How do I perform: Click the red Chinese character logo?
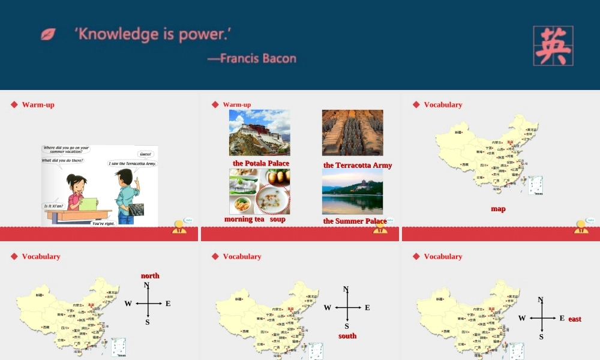(553, 46)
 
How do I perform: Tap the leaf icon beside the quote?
(48, 34)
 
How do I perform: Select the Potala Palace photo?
(259, 133)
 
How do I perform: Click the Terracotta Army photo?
(352, 133)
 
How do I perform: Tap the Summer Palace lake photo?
(352, 191)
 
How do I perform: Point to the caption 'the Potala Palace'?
(261, 163)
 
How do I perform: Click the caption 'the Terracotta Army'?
(358, 165)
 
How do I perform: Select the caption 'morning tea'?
(244, 219)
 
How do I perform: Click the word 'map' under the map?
(498, 209)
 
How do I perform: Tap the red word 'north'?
(150, 275)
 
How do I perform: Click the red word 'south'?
(347, 336)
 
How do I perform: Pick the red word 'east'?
(575, 319)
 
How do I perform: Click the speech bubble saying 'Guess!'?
(146, 154)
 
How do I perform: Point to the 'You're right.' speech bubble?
(104, 223)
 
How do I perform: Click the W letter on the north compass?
(128, 304)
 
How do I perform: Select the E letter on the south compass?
(367, 308)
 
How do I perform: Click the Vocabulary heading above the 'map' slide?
(443, 104)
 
